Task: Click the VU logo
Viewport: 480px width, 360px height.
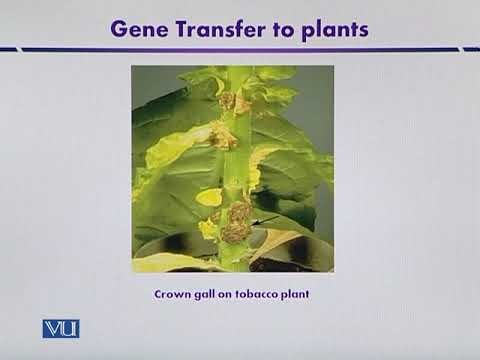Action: [x=61, y=328]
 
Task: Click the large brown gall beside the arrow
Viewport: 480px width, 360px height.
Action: [x=238, y=220]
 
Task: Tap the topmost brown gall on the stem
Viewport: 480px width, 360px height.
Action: [x=228, y=100]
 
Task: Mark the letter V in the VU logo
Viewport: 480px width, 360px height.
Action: [x=53, y=328]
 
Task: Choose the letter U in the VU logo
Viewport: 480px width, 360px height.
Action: [x=69, y=328]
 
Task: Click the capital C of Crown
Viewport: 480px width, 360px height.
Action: [x=158, y=295]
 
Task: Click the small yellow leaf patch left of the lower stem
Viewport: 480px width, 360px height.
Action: [x=208, y=197]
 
